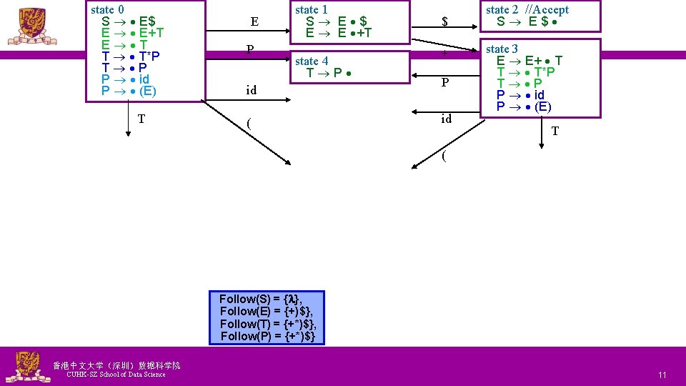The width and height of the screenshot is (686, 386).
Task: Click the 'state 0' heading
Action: click(x=108, y=10)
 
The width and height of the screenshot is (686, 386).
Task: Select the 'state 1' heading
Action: click(x=312, y=10)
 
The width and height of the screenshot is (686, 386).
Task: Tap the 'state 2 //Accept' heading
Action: click(x=527, y=10)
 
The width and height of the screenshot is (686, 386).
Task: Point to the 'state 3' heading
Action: click(x=502, y=49)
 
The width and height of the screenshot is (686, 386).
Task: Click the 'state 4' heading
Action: click(x=312, y=61)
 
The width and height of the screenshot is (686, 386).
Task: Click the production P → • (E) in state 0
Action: click(x=129, y=91)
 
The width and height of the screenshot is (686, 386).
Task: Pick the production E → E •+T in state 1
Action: click(x=339, y=33)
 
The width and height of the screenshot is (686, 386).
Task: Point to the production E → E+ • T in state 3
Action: click(x=530, y=61)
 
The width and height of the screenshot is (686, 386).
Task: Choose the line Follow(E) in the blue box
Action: click(x=267, y=312)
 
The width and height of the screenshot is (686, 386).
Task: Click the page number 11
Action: click(x=662, y=375)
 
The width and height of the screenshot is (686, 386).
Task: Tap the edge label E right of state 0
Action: click(x=254, y=22)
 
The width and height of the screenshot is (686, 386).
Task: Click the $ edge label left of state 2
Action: click(x=444, y=22)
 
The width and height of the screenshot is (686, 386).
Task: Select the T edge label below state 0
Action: click(x=141, y=119)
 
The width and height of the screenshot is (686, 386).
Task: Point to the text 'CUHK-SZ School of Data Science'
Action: click(x=115, y=375)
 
